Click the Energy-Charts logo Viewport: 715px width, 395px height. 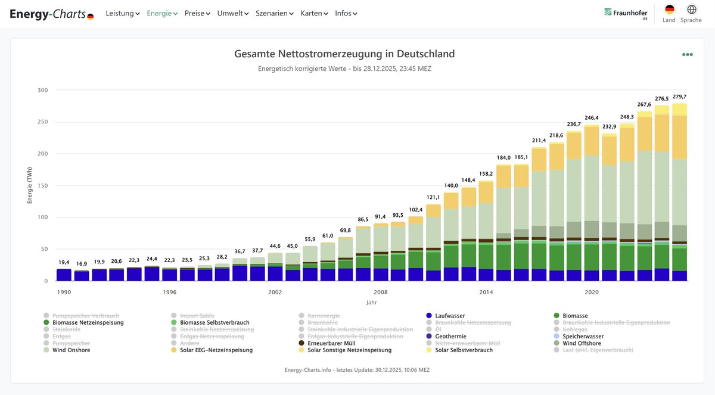click(51, 14)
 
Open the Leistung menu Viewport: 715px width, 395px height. click(122, 13)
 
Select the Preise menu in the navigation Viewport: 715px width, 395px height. click(197, 13)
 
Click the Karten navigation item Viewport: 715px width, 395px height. click(314, 13)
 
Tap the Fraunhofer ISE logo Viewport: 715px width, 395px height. click(626, 13)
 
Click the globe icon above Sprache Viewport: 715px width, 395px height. click(691, 10)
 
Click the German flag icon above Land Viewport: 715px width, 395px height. click(669, 10)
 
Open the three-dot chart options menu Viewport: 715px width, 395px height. click(688, 54)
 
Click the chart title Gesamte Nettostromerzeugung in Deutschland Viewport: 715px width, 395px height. click(344, 54)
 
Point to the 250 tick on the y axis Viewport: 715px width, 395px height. click(42, 122)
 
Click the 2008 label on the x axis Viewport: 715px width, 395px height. click(380, 293)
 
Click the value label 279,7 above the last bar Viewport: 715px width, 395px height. click(679, 97)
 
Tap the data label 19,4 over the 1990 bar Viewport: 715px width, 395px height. click(64, 262)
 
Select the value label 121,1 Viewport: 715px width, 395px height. click(433, 197)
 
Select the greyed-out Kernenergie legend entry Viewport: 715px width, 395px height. click(324, 316)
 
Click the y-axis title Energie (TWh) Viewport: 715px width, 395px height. click(29, 185)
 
